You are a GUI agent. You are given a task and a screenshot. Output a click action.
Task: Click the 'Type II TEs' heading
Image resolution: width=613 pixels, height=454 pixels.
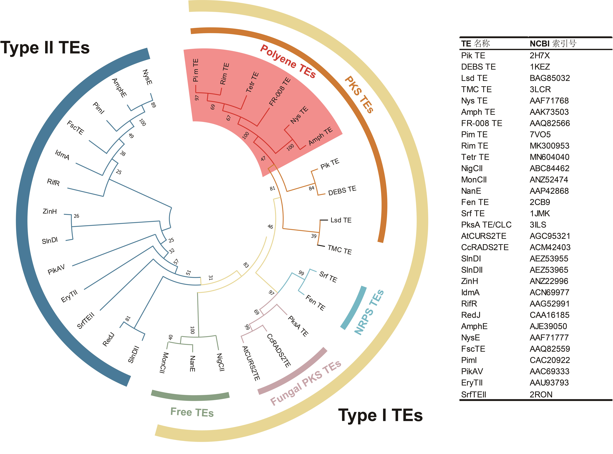pyautogui.click(x=45, y=48)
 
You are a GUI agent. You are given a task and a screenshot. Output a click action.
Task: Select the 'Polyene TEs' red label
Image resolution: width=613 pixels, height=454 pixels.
pyautogui.click(x=288, y=61)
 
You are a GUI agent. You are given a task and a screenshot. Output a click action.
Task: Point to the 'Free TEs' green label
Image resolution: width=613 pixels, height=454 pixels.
pyautogui.click(x=192, y=412)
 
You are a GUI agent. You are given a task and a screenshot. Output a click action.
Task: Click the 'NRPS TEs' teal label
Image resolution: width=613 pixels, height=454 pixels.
pyautogui.click(x=369, y=312)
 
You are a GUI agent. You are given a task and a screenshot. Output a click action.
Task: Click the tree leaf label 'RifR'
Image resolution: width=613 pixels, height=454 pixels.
pyautogui.click(x=53, y=182)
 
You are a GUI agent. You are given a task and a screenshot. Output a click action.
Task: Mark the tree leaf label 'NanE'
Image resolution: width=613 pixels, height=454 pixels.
pyautogui.click(x=193, y=364)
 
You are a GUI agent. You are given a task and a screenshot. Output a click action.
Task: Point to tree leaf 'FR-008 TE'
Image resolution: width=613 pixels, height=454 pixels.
pyautogui.click(x=280, y=92)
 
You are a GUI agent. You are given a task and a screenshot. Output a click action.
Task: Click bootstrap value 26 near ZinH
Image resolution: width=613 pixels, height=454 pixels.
pyautogui.click(x=76, y=216)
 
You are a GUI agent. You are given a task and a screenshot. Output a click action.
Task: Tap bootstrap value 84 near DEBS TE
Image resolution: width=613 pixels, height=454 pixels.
pyautogui.click(x=311, y=188)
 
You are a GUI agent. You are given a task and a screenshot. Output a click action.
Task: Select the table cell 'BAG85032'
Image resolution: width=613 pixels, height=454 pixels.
pyautogui.click(x=550, y=78)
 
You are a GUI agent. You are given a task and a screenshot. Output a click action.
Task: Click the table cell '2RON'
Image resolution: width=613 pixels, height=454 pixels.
pyautogui.click(x=541, y=394)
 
